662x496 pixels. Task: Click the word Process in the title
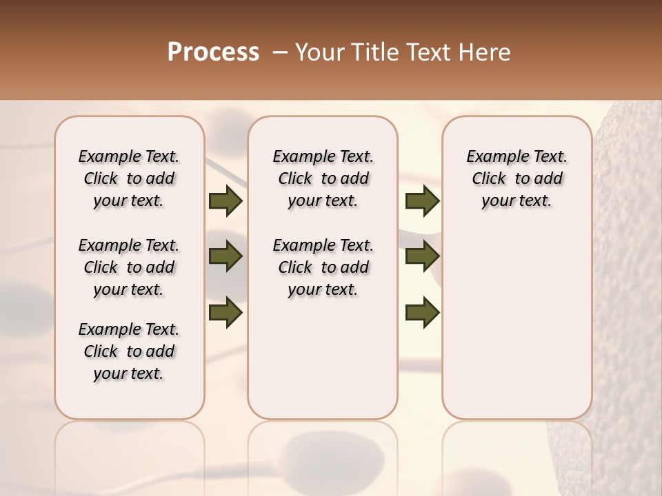click(x=213, y=52)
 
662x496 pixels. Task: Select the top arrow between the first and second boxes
click(x=225, y=201)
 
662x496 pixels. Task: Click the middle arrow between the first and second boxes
click(x=225, y=257)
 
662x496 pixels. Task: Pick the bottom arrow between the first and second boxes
click(x=225, y=312)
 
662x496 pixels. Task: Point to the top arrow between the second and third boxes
click(x=422, y=201)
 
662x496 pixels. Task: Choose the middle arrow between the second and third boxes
click(x=422, y=257)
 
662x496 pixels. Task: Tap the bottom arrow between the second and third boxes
click(x=422, y=312)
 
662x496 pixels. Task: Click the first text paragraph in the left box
click(x=129, y=178)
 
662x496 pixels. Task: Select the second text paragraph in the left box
click(x=129, y=267)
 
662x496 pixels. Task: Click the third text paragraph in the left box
click(x=129, y=351)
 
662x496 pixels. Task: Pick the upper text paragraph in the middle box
click(x=323, y=178)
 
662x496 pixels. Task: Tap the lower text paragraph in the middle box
click(x=323, y=267)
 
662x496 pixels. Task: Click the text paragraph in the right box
click(x=516, y=178)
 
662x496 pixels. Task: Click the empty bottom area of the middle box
click(x=323, y=365)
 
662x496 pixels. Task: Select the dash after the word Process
click(x=280, y=52)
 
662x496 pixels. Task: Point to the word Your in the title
click(x=320, y=52)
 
